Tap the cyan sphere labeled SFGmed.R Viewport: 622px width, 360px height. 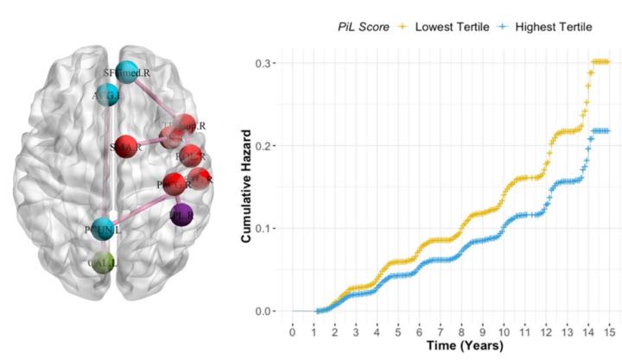(128, 71)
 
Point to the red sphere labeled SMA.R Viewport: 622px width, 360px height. (126, 146)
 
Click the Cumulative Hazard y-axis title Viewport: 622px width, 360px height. (246, 185)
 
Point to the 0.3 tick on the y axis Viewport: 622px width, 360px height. (268, 62)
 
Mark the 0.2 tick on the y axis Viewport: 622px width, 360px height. (268, 145)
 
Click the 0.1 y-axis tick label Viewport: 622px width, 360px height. (268, 228)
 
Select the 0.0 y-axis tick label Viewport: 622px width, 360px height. (268, 311)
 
